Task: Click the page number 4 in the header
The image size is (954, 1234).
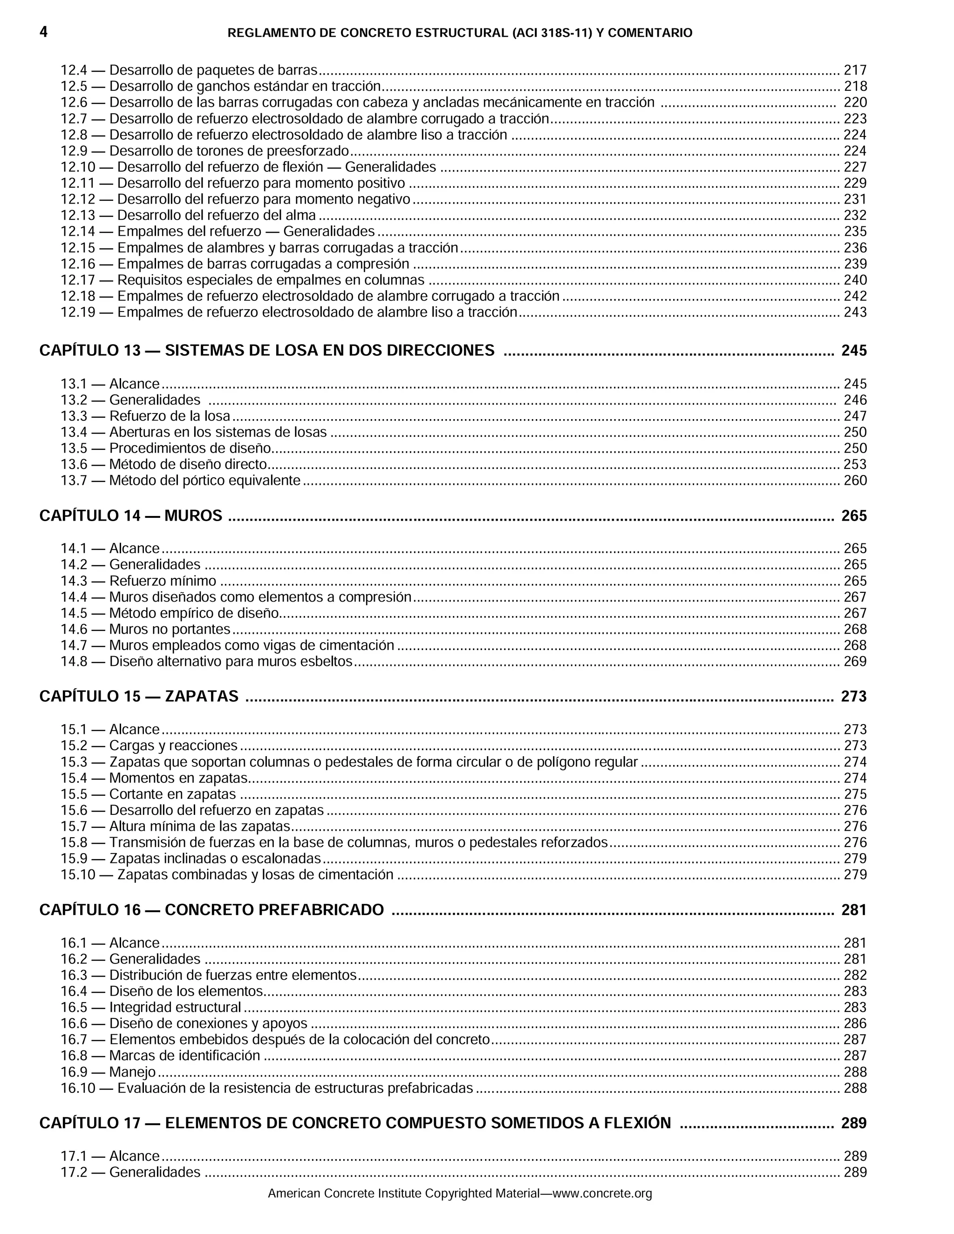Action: [43, 32]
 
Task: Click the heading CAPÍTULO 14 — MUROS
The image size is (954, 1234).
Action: [130, 516]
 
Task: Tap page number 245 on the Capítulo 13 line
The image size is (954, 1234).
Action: [853, 351]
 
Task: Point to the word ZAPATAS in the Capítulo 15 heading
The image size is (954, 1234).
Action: [202, 697]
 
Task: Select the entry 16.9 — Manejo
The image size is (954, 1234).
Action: [109, 1072]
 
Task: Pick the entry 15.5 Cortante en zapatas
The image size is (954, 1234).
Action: [148, 794]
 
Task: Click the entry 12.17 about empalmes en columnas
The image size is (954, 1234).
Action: [242, 280]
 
